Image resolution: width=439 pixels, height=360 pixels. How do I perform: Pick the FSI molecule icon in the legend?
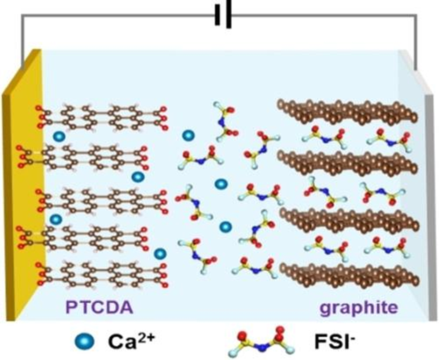(x=260, y=340)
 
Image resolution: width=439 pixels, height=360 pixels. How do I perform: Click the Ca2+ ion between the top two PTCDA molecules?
(x=60, y=135)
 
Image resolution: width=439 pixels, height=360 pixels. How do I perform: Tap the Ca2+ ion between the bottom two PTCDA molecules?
(x=160, y=253)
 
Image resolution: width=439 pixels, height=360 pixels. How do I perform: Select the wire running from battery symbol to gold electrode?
(x=105, y=15)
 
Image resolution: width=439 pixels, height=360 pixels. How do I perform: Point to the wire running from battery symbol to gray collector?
(x=337, y=15)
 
